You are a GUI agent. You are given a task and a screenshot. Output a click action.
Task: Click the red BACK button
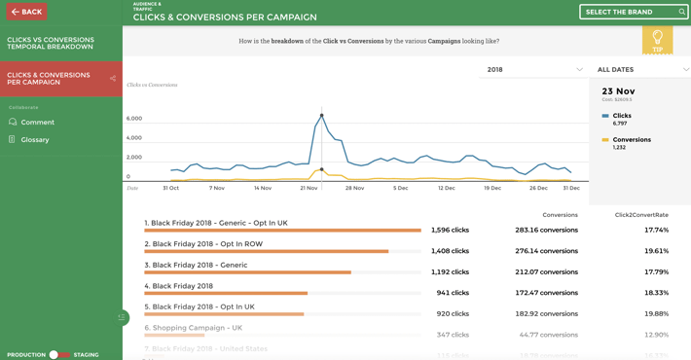click(26, 12)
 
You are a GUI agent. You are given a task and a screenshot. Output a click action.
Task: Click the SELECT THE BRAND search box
click(633, 12)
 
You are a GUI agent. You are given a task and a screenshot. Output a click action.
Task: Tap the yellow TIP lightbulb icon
click(658, 39)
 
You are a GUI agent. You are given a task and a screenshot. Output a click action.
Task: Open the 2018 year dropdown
click(533, 70)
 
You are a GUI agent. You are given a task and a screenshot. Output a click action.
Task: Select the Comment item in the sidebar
click(37, 123)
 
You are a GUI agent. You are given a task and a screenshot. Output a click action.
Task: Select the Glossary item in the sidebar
click(34, 140)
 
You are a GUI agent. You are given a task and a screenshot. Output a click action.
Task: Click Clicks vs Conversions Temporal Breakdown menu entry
click(51, 44)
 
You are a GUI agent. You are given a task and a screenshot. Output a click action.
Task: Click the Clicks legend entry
click(621, 116)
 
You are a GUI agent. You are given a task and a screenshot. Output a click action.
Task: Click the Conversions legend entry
click(631, 140)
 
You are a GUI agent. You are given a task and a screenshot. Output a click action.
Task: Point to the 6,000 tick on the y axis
click(134, 119)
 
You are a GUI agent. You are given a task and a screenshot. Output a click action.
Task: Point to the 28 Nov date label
click(354, 188)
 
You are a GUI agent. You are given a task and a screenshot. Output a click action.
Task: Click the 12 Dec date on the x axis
click(447, 188)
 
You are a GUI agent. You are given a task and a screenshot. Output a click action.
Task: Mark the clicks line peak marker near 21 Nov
click(322, 116)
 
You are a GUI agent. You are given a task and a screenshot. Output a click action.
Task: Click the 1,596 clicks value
click(450, 231)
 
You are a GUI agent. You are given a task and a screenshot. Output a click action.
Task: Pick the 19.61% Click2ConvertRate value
click(656, 251)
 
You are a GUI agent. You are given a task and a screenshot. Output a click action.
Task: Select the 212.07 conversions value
click(546, 272)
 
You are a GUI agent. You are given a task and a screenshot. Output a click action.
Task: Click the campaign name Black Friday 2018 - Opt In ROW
click(207, 244)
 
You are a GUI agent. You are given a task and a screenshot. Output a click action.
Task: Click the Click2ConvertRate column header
click(641, 215)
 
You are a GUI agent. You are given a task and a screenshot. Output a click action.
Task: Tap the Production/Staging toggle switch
click(59, 355)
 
